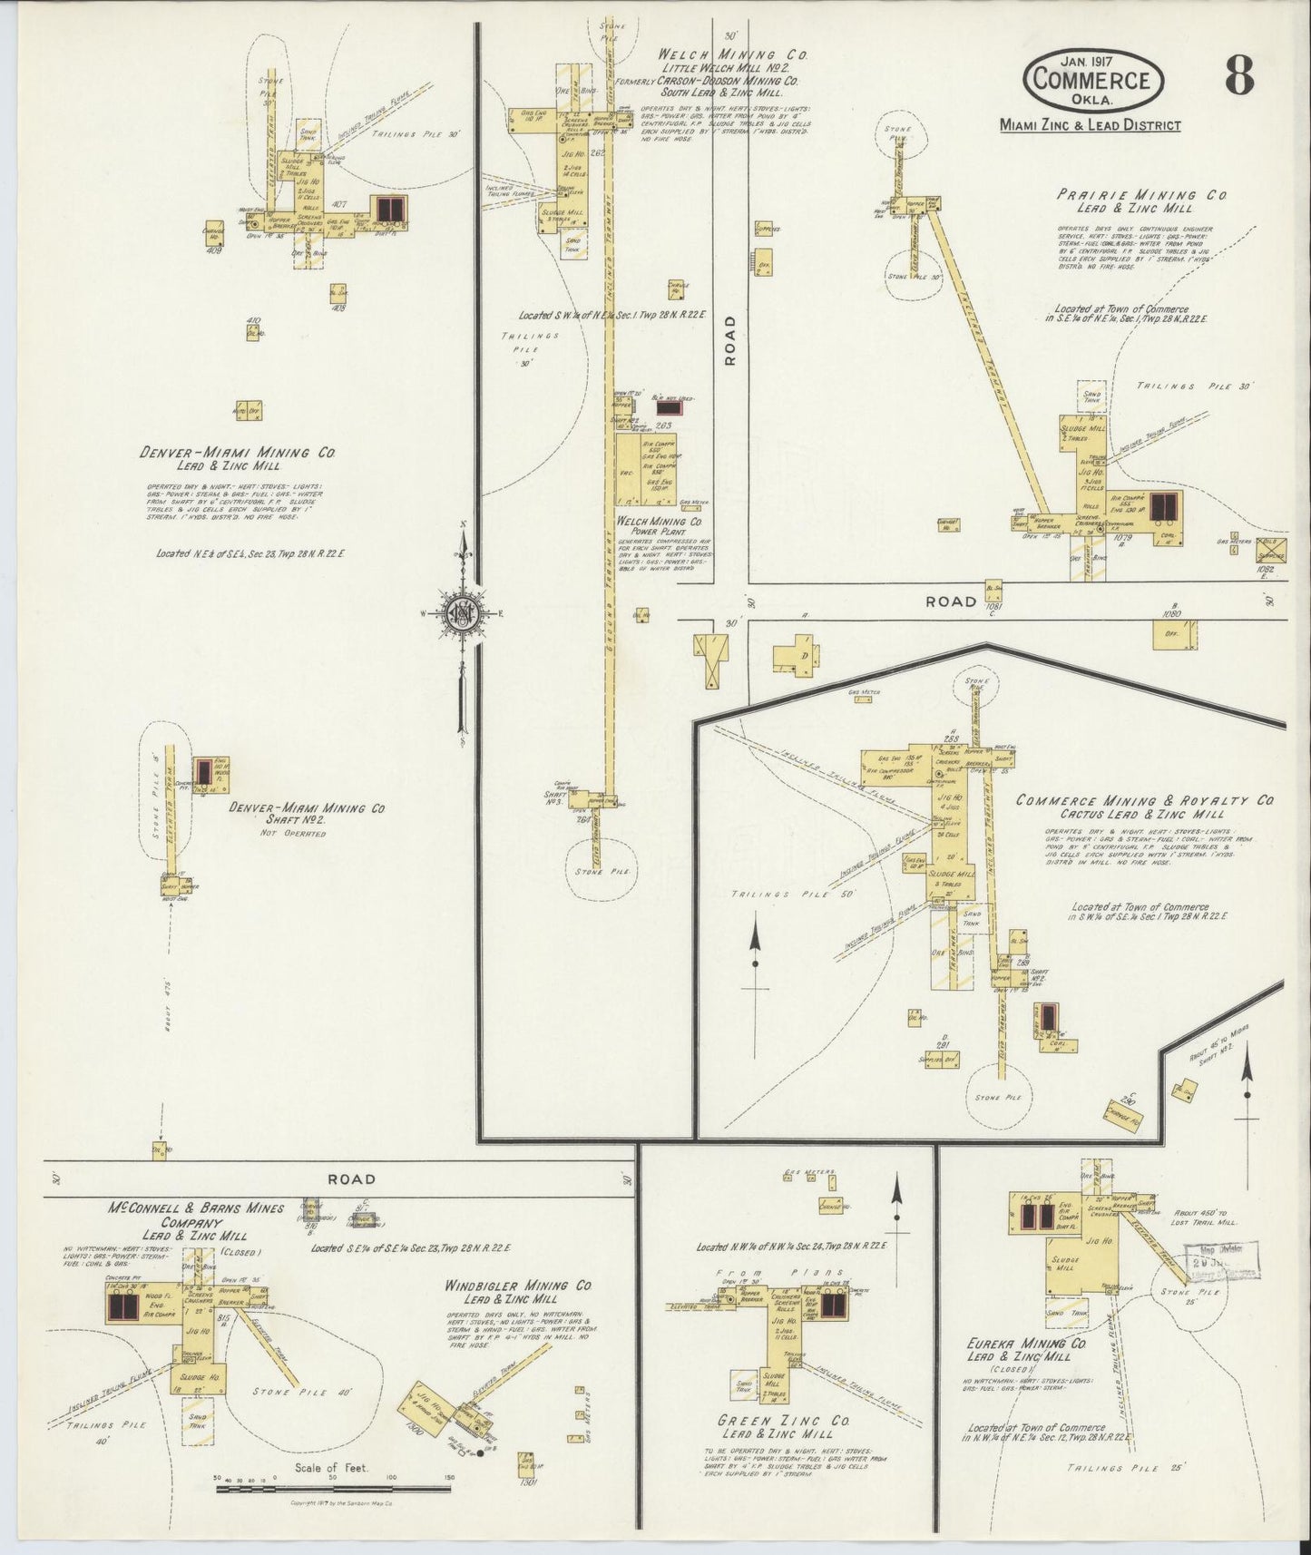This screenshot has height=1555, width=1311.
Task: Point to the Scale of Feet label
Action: [x=330, y=1467]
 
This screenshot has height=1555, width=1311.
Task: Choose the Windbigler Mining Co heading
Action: [x=520, y=1286]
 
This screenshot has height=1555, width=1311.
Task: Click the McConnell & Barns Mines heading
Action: [x=196, y=1208]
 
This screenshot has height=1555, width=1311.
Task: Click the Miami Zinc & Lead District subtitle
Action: [x=1090, y=125]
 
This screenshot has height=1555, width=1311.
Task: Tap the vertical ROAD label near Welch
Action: [x=729, y=340]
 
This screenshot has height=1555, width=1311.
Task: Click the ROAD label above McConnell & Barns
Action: [x=351, y=1179]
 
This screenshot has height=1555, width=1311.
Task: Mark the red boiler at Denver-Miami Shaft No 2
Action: [x=204, y=771]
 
